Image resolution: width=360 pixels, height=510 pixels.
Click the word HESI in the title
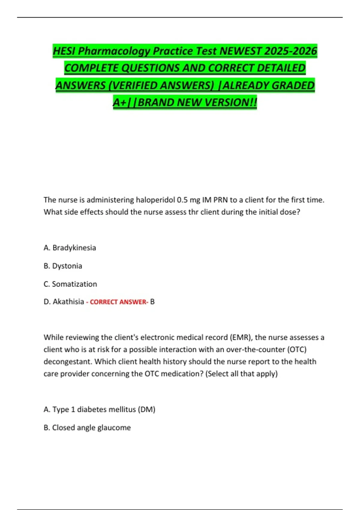click(x=64, y=51)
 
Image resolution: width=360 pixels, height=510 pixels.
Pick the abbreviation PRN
click(x=220, y=200)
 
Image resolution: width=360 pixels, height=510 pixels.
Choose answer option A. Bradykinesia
click(x=70, y=248)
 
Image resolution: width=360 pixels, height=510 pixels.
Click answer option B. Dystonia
click(x=63, y=266)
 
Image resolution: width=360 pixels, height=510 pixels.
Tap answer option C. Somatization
click(x=70, y=284)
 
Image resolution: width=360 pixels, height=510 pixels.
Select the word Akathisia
click(x=68, y=302)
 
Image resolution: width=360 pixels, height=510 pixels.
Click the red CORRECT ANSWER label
click(x=119, y=302)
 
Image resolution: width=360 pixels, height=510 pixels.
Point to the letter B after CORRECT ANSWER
click(x=152, y=302)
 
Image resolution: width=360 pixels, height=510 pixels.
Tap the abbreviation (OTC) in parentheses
click(x=297, y=349)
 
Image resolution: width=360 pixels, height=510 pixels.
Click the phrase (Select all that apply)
click(x=241, y=374)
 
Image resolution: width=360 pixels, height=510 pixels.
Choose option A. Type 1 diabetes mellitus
click(x=99, y=409)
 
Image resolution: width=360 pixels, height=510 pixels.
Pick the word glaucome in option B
click(x=117, y=428)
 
